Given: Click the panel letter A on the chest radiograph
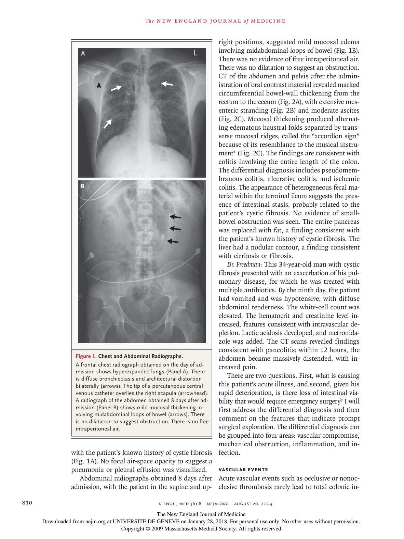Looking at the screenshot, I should coord(83,53).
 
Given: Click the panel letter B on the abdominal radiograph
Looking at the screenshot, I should coord(82,186).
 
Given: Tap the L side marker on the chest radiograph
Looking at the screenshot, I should coord(196,53).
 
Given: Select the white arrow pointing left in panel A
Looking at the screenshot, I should coord(167,84).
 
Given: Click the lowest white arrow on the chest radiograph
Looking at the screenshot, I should coord(108,124).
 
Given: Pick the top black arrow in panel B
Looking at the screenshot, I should coord(175,216).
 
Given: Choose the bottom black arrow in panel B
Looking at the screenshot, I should coord(173,241).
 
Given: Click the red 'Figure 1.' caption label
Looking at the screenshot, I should coord(86,356).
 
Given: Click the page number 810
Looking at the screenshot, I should coord(27,502).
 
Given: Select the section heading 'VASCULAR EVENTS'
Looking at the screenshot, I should coord(243,470).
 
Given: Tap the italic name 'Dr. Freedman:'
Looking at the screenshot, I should coord(244,264).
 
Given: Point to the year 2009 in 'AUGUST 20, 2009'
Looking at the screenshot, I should coord(266,504).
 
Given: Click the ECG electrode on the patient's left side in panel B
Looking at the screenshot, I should coord(198,251).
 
